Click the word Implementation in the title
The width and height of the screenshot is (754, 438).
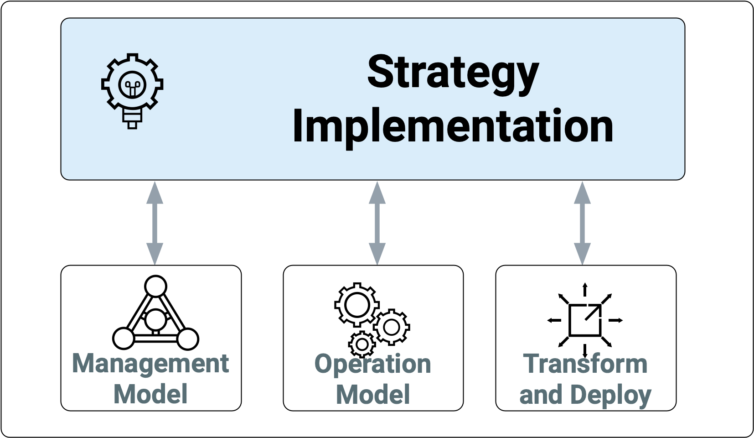(453, 127)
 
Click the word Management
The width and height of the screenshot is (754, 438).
(150, 364)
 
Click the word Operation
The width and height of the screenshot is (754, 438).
(373, 364)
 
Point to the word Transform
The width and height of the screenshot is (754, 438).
(585, 364)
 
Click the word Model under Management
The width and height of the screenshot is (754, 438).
(150, 394)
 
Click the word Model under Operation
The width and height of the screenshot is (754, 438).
(373, 394)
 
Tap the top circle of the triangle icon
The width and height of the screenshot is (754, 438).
(155, 287)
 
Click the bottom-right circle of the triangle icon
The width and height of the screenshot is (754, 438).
(187, 339)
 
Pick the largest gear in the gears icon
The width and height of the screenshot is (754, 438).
(356, 304)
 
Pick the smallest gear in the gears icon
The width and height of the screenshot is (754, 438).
(362, 344)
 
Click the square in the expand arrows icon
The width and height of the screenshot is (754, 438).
(585, 320)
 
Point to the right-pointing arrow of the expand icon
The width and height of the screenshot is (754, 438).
(616, 320)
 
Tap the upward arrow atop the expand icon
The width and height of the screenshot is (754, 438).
(585, 289)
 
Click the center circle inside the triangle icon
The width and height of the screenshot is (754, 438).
(155, 319)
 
